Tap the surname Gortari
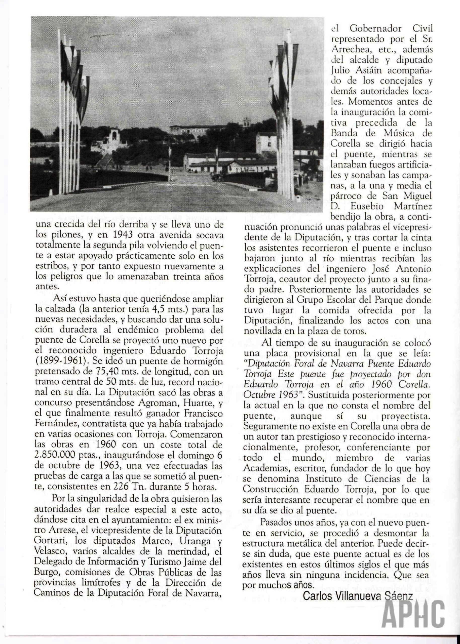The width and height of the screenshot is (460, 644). [x=50, y=540]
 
